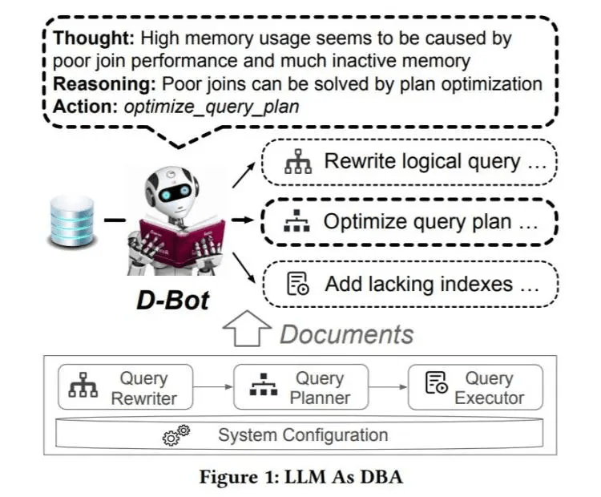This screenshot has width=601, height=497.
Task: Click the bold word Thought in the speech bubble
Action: [x=94, y=38]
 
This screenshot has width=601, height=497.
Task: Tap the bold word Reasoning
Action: [x=104, y=84]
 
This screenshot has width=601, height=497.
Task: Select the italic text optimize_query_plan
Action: [x=212, y=107]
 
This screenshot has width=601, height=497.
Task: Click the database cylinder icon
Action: [x=72, y=220]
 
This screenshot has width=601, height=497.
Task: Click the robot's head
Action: [x=172, y=187]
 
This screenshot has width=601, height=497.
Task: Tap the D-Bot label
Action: [x=173, y=301]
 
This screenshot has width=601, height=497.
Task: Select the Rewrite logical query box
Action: [x=409, y=162]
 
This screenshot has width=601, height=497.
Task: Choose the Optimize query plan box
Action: [x=409, y=222]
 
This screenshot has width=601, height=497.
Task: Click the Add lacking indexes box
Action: [x=410, y=284]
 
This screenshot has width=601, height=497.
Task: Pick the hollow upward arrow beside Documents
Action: [x=247, y=329]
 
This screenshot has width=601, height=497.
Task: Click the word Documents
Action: [x=347, y=334]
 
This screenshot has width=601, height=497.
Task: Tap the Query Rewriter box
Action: [x=125, y=387]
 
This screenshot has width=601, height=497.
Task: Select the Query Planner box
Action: [x=300, y=387]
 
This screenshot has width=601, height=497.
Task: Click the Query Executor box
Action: [x=476, y=387]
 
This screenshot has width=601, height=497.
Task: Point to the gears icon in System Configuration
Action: [x=176, y=434]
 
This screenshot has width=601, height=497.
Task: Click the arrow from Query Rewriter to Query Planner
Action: [x=213, y=387]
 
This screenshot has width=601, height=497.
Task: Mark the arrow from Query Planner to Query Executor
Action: [x=389, y=387]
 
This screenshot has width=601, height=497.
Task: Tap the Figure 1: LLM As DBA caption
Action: [x=301, y=477]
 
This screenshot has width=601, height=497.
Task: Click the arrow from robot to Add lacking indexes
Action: [x=244, y=268]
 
